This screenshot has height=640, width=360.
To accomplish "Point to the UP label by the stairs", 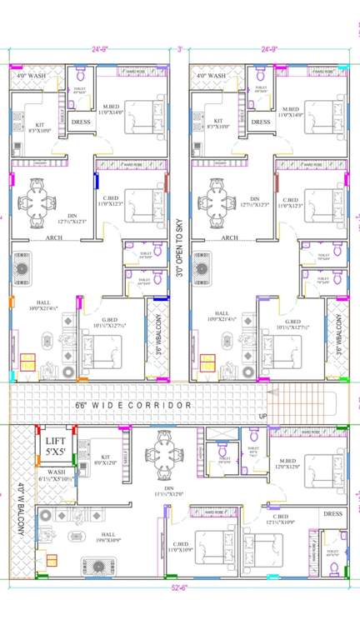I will click(264, 415).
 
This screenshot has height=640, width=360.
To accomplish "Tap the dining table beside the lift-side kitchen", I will click(162, 453).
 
